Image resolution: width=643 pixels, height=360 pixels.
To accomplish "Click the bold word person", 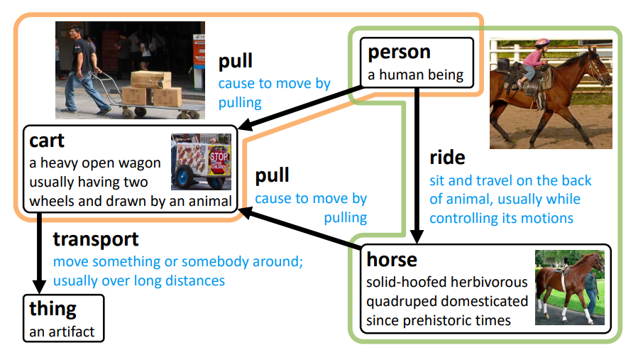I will coord(399,53).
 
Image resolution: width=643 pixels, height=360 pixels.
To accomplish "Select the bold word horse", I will coord(391,260).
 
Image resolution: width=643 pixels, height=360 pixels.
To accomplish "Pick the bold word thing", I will coord(53,309).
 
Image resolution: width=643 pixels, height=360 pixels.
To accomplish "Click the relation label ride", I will coord(447,158).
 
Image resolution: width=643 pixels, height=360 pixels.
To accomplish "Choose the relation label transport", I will coord(95,240).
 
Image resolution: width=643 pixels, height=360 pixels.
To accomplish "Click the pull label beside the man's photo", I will coord(235,62).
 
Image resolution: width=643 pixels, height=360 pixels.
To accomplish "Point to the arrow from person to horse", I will coord(418,163).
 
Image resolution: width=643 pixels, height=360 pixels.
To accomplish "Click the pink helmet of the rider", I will coord(543,43).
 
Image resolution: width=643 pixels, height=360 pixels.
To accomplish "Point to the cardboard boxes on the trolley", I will coord(152,89).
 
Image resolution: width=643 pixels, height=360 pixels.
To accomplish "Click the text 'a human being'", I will coord(415,75).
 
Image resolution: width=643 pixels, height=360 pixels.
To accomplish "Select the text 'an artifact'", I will coord(62,331).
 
